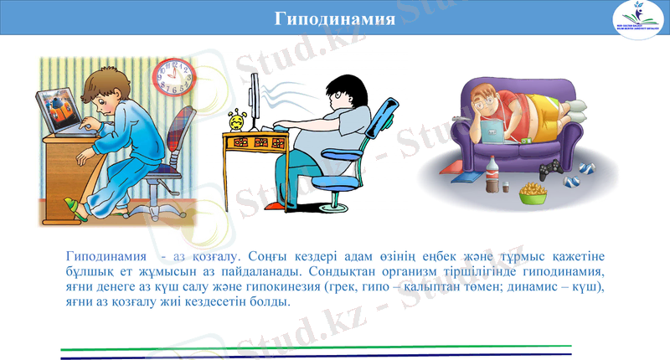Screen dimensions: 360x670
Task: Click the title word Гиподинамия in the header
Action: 335,18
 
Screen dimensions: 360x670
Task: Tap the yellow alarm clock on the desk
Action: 237,120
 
